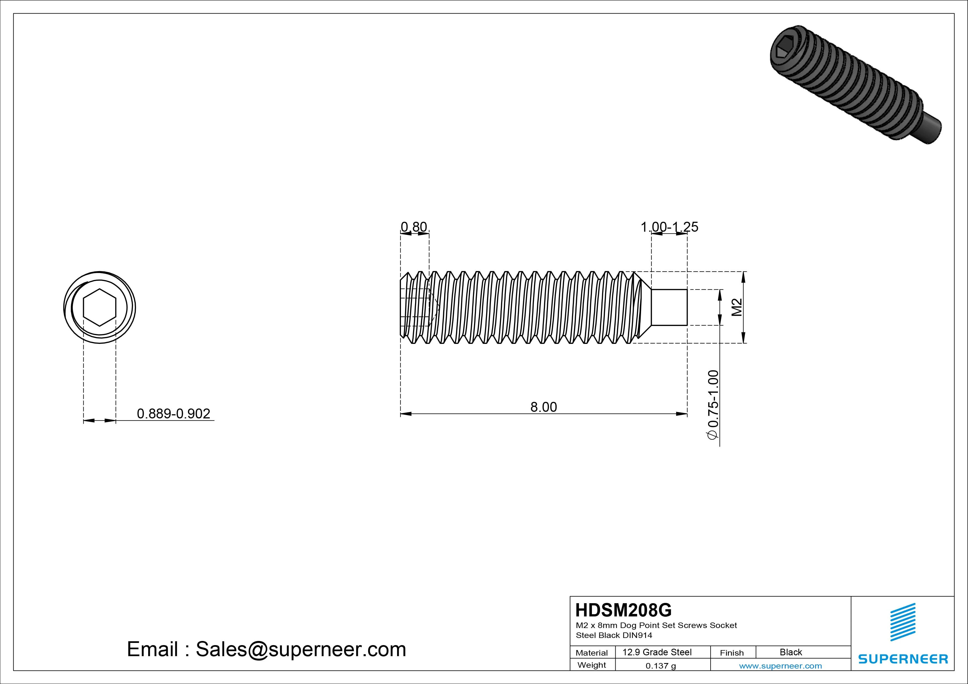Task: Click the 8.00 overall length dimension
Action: [543, 407]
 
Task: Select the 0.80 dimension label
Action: [414, 227]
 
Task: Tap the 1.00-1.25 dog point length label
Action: [669, 227]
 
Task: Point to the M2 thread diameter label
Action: [736, 307]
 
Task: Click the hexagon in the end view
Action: [100, 308]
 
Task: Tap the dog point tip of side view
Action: [669, 307]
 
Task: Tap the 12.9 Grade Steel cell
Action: [657, 652]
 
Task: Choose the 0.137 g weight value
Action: [661, 666]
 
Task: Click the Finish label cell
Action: [732, 653]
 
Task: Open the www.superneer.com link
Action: [780, 666]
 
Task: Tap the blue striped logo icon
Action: [903, 622]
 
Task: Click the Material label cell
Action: [592, 653]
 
